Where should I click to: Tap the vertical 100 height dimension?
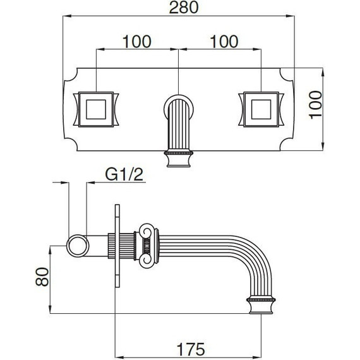coord(316,109)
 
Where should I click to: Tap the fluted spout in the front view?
coord(177,129)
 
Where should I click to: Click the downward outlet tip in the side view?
coord(261,304)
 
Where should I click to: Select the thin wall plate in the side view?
coord(116,246)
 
